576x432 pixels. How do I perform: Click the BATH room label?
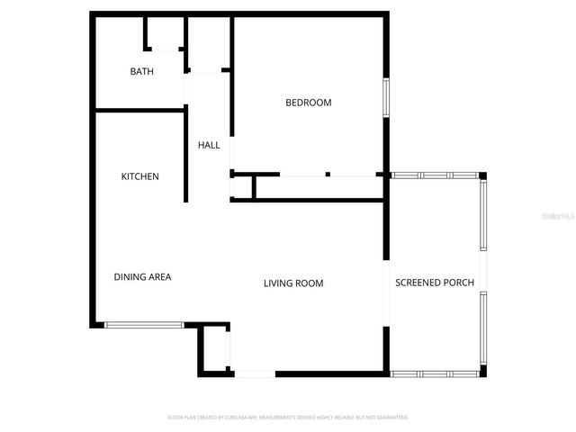[x=142, y=71]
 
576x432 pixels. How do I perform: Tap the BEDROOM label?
[x=308, y=103]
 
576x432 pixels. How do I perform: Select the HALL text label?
[x=209, y=145]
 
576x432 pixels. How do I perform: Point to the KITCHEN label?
[x=140, y=176]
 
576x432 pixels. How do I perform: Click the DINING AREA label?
[x=142, y=277]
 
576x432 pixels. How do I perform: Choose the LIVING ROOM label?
[x=293, y=283]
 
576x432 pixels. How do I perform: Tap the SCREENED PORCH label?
[x=436, y=283]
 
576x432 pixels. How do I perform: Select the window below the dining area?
[x=145, y=325]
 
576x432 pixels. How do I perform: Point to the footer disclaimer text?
[x=288, y=418]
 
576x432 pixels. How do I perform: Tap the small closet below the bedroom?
[x=243, y=187]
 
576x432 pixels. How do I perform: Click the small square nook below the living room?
[x=214, y=350]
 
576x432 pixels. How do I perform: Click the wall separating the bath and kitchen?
[x=139, y=111]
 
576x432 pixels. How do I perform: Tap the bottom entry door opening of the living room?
[x=254, y=373]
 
